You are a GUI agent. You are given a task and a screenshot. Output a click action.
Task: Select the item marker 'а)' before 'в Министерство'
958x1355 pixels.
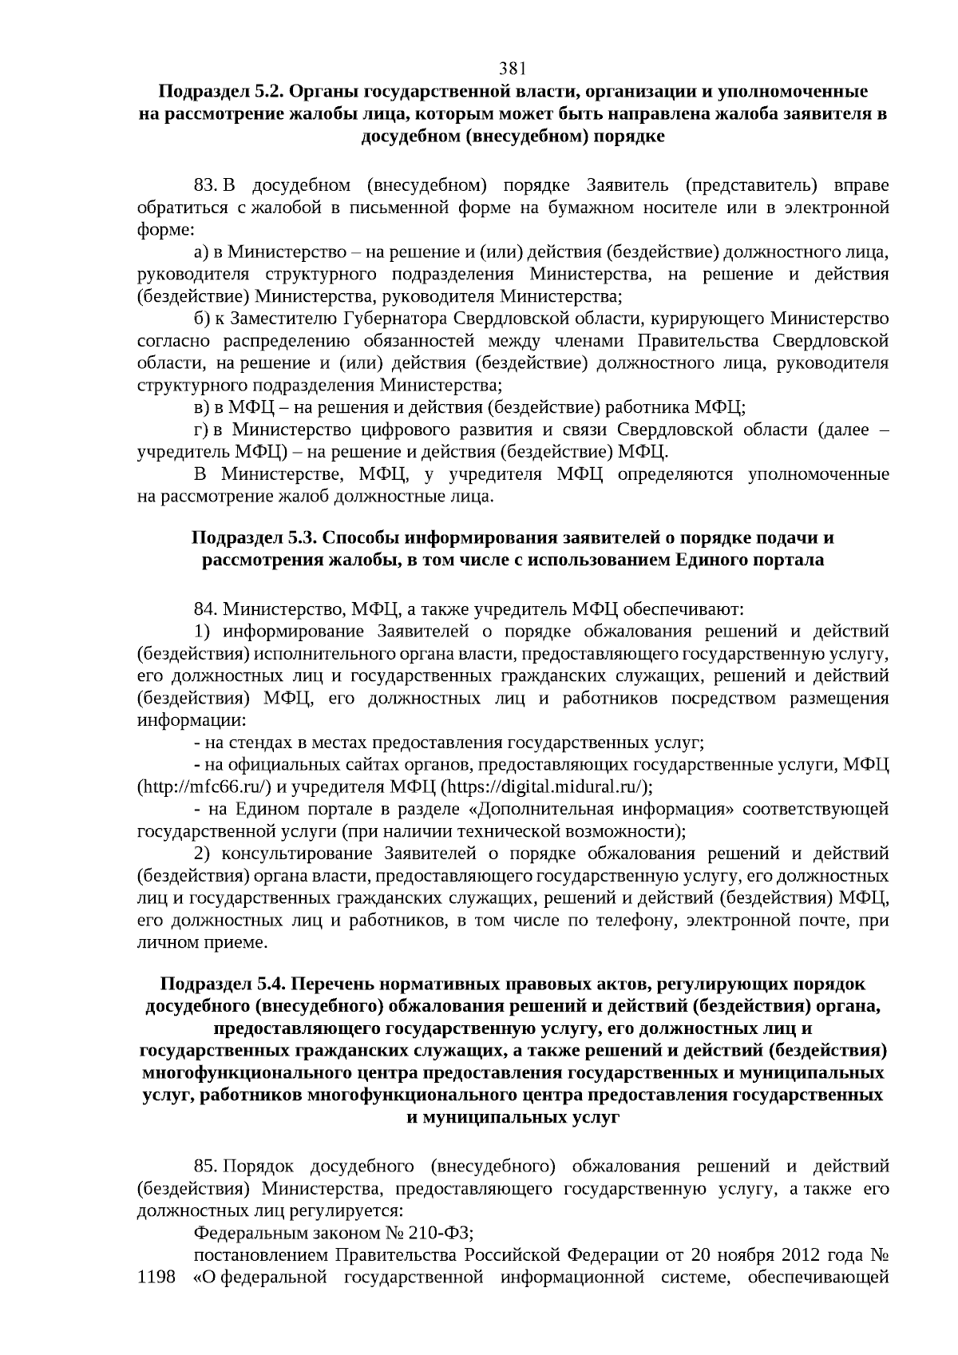coord(202,252)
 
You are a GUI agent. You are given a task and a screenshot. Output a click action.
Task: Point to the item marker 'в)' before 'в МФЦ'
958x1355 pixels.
coord(202,408)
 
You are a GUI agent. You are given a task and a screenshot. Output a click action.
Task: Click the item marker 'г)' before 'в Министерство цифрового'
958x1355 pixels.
coord(201,430)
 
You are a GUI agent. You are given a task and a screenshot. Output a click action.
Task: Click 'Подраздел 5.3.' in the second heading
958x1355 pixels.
coord(250,537)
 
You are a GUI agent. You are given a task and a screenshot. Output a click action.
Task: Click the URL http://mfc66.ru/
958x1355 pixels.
coord(204,787)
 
